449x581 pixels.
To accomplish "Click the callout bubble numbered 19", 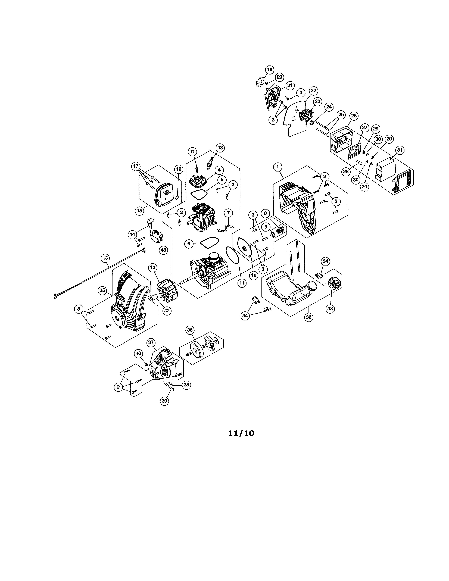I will tap(270, 70).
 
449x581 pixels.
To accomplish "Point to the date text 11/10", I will tap(241, 433).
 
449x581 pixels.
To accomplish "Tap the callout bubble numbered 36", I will tap(190, 330).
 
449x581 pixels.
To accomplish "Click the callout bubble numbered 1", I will tap(278, 167).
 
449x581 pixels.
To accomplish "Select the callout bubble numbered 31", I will tap(400, 150).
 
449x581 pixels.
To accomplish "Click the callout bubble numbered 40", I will tap(138, 353).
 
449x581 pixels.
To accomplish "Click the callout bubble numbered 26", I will tap(354, 116).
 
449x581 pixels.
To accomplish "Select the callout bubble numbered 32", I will tap(308, 317).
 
